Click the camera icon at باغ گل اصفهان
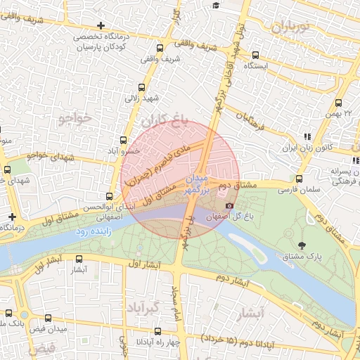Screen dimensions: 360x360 (229, 205)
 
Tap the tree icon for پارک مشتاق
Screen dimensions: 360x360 (302, 245)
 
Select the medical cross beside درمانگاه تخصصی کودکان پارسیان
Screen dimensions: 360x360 (101, 25)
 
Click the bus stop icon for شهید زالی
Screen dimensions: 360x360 (142, 88)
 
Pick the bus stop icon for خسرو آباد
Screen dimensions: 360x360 (124, 140)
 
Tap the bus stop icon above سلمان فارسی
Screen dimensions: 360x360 (299, 179)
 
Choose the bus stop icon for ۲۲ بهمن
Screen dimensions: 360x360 (339, 103)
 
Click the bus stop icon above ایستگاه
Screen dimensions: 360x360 (255, 55)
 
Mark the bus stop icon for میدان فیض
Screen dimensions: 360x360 (48, 319)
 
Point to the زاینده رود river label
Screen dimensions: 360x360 (91, 231)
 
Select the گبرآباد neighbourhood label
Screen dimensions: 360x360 (145, 308)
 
